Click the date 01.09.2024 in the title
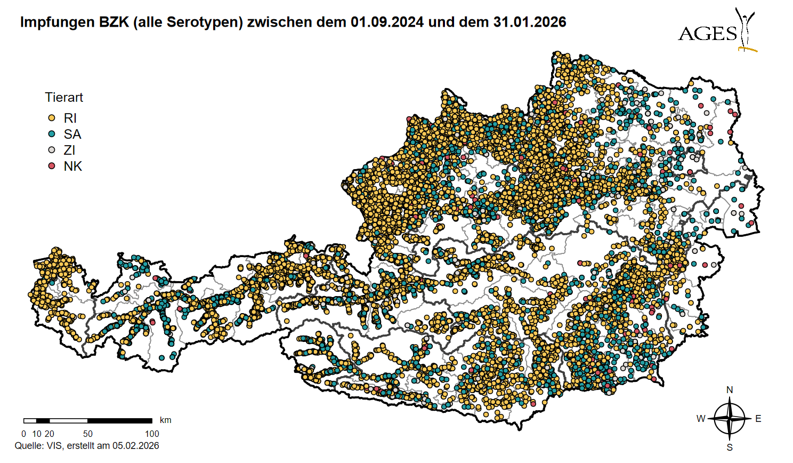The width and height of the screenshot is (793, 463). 387,22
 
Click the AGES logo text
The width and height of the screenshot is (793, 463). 707,34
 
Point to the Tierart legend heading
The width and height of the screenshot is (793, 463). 64,98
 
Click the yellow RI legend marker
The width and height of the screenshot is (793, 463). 52,118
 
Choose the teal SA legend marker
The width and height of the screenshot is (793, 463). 52,134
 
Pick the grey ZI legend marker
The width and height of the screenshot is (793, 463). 52,150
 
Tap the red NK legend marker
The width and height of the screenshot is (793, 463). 52,166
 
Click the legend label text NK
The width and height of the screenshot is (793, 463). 72,166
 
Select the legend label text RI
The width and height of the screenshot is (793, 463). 70,118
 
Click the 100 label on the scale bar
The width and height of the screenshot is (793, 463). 152,434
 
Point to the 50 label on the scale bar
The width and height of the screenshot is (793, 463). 88,434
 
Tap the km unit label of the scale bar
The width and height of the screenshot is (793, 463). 165,420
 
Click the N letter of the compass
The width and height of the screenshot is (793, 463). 730,390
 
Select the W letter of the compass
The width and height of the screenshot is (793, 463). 701,419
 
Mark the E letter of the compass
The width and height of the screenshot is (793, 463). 758,419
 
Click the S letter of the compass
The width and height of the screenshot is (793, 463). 730,448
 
